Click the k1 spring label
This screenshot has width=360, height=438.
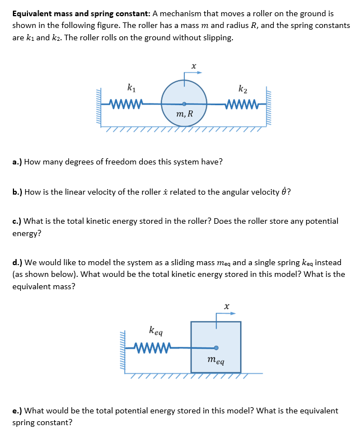[130, 87]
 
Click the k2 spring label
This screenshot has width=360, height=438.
[242, 88]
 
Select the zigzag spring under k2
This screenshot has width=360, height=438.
[241, 103]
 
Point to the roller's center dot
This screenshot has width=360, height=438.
[184, 103]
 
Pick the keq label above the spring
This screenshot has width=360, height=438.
[156, 331]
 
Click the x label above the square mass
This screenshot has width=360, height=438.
[226, 306]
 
